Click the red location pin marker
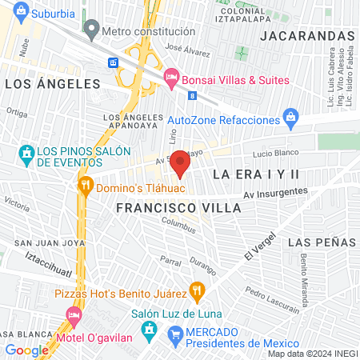click(x=181, y=163)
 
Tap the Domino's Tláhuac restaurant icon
click(x=86, y=188)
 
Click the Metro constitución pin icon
click(x=91, y=31)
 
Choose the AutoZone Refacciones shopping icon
click(x=292, y=119)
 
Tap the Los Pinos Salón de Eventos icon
click(x=27, y=152)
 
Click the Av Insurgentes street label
click(x=275, y=192)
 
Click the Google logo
click(x=26, y=350)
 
